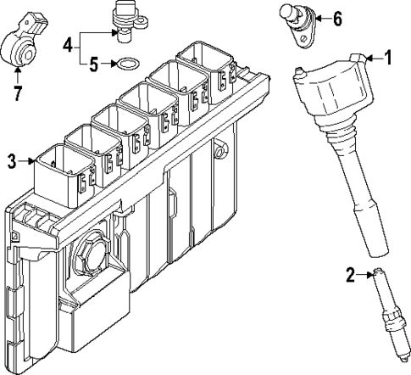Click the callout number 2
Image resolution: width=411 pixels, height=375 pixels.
pyautogui.click(x=350, y=273)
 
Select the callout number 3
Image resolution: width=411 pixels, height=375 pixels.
pyautogui.click(x=11, y=159)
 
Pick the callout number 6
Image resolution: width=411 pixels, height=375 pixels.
pyautogui.click(x=337, y=18)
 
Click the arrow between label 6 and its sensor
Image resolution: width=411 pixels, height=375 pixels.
pyautogui.click(x=321, y=18)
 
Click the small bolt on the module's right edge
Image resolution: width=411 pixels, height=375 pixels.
pyautogui.click(x=222, y=153)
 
